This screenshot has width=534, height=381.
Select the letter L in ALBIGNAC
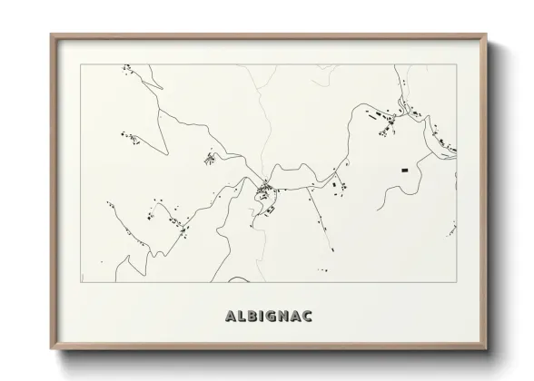pos(241,317)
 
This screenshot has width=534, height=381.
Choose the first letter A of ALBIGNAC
pos(229,317)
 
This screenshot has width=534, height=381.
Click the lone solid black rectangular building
pos(404,169)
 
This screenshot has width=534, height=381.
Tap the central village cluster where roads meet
pos(265,190)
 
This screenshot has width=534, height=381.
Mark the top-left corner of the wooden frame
pos(51,35)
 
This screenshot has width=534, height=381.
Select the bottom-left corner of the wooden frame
pos(51,349)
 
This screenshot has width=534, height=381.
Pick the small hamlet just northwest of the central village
pos(210,160)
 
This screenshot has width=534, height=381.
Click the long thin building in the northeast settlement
pos(374,116)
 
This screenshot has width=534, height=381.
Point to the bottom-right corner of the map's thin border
pos(457,282)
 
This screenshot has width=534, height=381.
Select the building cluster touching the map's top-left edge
pos(127,67)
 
